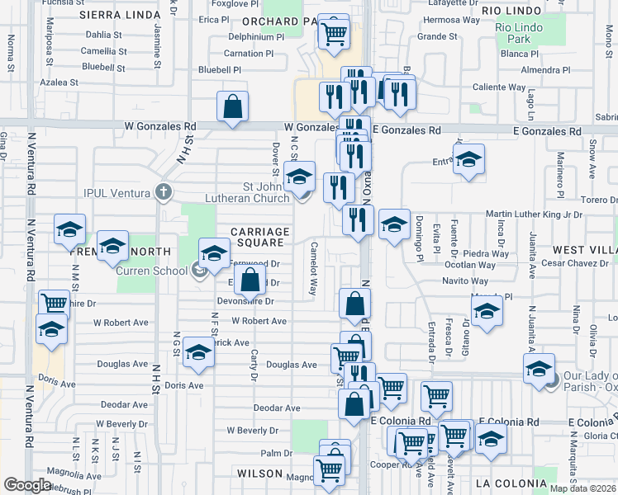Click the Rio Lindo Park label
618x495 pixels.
click(x=518, y=33)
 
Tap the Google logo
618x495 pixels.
click(x=27, y=484)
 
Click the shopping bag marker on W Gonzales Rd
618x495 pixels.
click(x=233, y=106)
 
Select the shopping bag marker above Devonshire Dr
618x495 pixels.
click(x=250, y=280)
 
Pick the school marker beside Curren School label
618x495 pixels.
click(x=213, y=252)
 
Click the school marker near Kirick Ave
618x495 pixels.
click(x=198, y=352)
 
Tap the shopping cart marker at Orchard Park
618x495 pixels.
click(x=335, y=34)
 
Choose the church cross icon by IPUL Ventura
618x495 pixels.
click(x=164, y=193)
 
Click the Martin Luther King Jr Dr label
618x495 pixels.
click(x=534, y=214)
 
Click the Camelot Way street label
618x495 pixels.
click(x=314, y=269)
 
